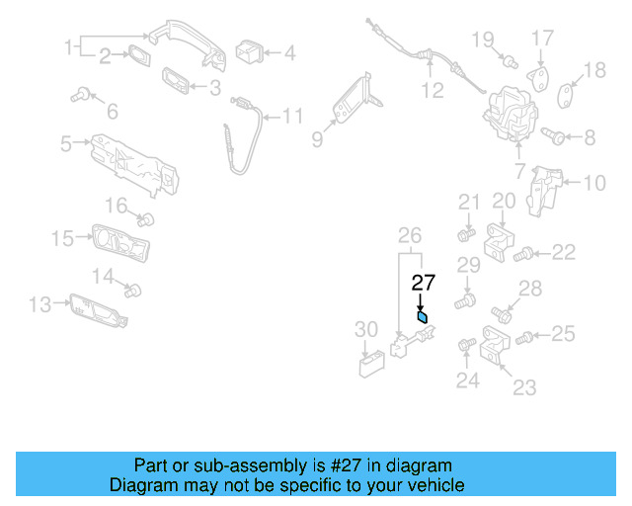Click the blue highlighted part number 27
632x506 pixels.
tap(423, 318)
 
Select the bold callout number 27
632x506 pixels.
tap(423, 283)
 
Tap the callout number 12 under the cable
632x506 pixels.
tap(433, 92)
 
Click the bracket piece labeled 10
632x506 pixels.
tap(545, 187)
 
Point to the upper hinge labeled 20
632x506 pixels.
tap(504, 242)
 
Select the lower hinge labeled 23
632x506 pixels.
tap(496, 345)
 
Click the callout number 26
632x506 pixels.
tap(409, 235)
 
